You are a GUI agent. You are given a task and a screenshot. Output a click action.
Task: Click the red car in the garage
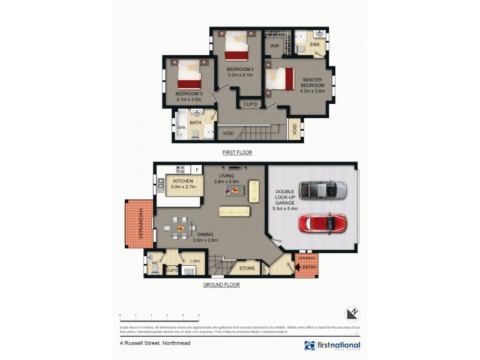(323, 224)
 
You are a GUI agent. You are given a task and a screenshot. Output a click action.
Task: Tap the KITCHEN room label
(182, 181)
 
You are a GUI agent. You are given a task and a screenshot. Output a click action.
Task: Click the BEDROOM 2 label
(239, 70)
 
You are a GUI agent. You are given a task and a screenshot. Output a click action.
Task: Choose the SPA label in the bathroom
(181, 128)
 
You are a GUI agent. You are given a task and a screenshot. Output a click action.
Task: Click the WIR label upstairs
(275, 46)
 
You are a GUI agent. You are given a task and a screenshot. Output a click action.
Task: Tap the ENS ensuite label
(314, 44)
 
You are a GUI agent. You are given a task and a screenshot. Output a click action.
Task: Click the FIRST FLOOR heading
(237, 152)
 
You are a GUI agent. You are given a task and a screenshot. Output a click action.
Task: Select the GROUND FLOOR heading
(222, 285)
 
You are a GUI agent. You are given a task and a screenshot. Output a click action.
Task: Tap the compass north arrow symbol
(352, 313)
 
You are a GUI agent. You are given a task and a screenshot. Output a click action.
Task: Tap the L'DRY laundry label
(194, 261)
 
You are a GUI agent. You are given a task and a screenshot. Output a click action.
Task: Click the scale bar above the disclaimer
(159, 317)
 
